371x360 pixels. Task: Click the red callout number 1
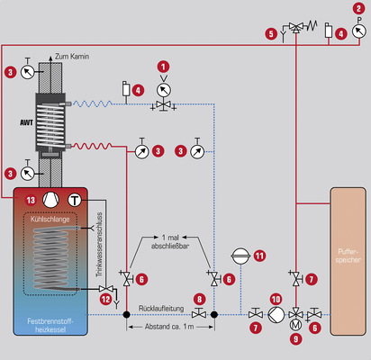click(163, 66)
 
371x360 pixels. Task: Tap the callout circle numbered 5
click(269, 33)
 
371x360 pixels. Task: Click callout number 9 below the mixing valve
click(296, 339)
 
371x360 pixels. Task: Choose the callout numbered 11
click(259, 256)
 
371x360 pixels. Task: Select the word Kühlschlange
click(50, 219)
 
